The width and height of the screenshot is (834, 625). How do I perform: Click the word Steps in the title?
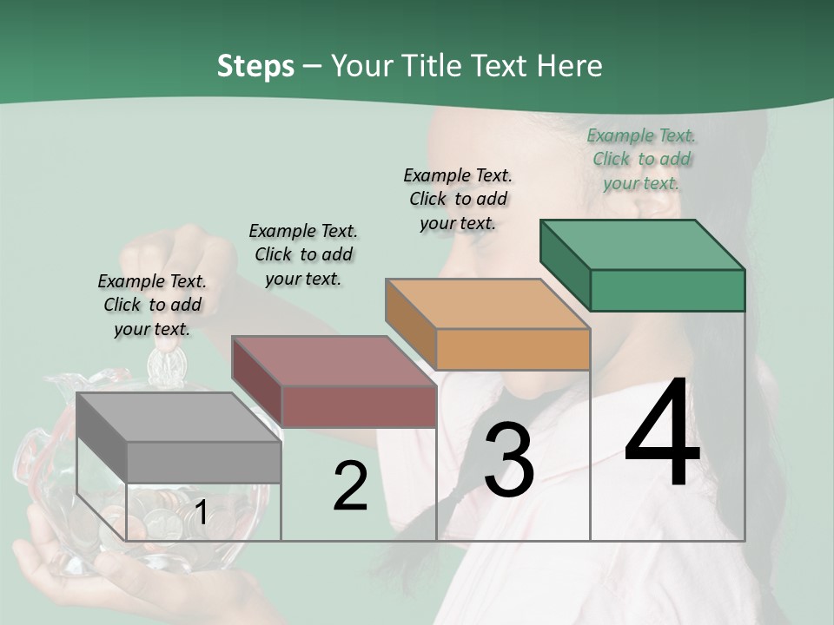(x=255, y=67)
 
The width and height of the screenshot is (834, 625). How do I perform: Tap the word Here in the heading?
(x=570, y=67)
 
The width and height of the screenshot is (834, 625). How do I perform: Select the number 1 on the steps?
(x=201, y=513)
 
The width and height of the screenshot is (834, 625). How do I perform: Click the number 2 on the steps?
(x=350, y=487)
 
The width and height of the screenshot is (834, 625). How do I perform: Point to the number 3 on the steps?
(x=508, y=460)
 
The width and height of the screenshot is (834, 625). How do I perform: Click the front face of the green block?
(x=667, y=290)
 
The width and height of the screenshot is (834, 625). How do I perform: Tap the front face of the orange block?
(x=513, y=349)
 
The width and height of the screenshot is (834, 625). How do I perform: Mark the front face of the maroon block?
(x=359, y=406)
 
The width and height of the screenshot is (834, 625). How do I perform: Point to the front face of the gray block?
(x=204, y=462)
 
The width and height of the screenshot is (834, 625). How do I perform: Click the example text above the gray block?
(x=152, y=305)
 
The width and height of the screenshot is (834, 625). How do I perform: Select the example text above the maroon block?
(x=303, y=254)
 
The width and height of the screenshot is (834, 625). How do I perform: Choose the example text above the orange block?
(x=458, y=199)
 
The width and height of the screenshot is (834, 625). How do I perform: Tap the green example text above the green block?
(x=641, y=159)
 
